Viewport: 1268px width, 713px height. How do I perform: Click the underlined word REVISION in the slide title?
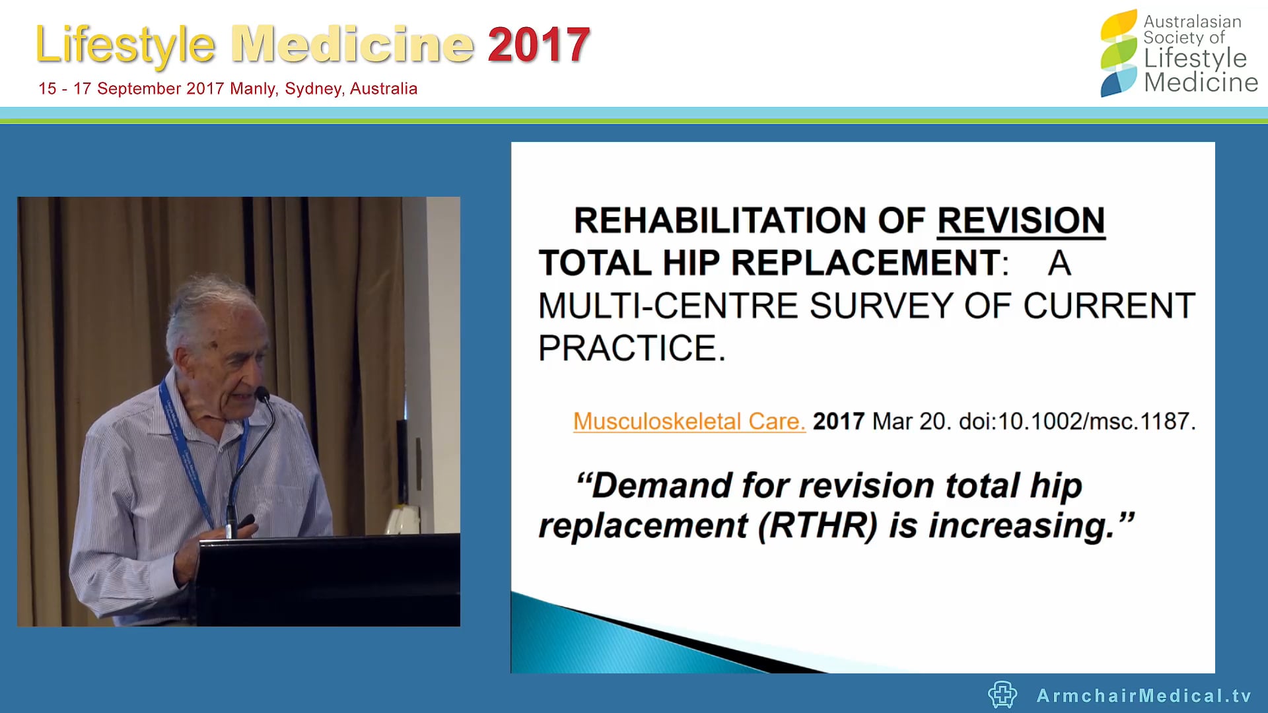[1021, 221]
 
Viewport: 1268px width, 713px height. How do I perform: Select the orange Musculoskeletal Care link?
[689, 421]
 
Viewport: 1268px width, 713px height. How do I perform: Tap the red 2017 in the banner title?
[538, 45]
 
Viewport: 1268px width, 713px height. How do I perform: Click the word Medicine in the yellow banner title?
[353, 45]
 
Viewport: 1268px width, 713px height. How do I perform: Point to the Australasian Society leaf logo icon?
[1119, 53]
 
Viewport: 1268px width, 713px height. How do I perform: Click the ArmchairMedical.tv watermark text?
[1144, 695]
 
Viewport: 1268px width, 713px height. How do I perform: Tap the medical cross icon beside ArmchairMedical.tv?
[1003, 695]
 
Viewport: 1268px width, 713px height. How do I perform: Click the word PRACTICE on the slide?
[627, 348]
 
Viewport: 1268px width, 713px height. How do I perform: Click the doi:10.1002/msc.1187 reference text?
[1077, 421]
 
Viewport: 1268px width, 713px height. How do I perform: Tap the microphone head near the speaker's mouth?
[263, 395]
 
